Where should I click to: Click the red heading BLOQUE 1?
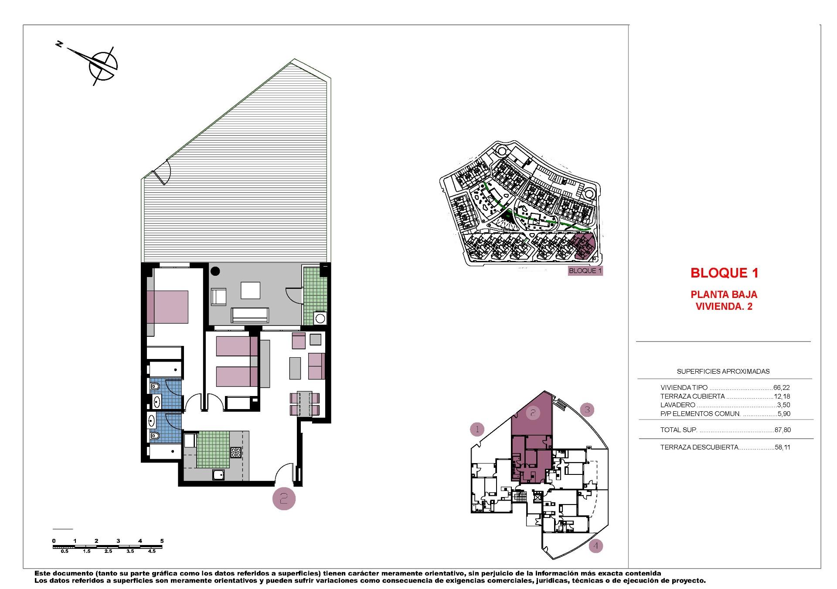(x=724, y=273)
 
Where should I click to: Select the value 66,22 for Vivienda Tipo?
(x=782, y=387)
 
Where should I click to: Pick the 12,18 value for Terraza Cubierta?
(x=782, y=396)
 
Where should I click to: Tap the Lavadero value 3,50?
(x=783, y=405)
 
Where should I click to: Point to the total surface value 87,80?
(x=783, y=430)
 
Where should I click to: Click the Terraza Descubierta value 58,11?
(x=783, y=447)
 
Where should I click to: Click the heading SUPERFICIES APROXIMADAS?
(x=723, y=372)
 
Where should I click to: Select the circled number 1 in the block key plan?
(x=477, y=430)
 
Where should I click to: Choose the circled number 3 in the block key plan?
(x=587, y=410)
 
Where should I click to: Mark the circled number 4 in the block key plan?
(x=596, y=546)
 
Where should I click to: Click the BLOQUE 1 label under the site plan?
(x=585, y=271)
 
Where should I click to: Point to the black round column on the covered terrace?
(x=215, y=271)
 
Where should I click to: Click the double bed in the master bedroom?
(x=168, y=307)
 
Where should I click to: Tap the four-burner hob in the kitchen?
(x=236, y=453)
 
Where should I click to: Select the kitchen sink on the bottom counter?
(x=218, y=474)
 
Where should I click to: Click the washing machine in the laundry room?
(x=320, y=318)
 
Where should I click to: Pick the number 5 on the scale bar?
(x=162, y=541)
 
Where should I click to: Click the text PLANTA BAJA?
(x=724, y=295)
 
